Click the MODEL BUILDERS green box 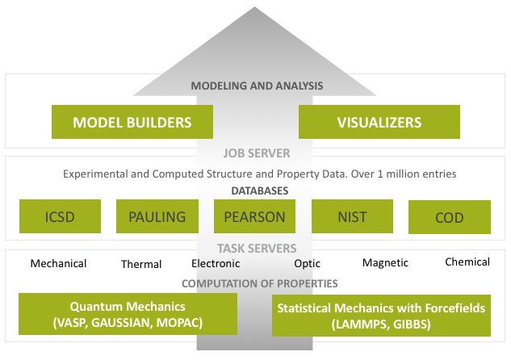132,122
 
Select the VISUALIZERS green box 379,122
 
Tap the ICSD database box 60,216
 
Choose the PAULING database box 157,216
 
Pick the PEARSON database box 254,216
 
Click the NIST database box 352,216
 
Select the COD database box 449,217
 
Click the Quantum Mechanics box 128,314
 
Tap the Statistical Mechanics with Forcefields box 380,315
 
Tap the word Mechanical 58,263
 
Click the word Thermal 141,264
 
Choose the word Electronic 216,263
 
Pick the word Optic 307,263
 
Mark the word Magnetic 385,262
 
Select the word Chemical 467,262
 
